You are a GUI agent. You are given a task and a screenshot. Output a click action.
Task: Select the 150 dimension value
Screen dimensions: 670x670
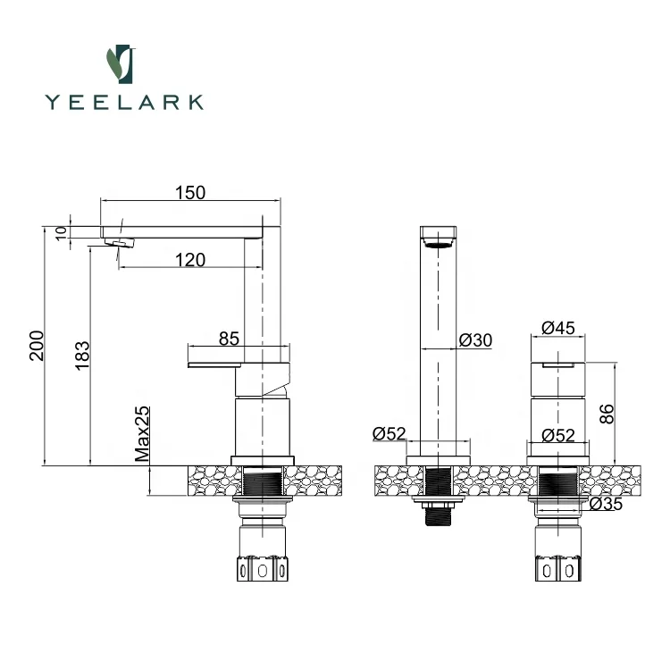pos(190,192)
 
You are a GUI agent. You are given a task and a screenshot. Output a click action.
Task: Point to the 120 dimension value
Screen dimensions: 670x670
pos(190,260)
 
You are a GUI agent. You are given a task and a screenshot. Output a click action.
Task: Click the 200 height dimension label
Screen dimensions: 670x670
pos(37,346)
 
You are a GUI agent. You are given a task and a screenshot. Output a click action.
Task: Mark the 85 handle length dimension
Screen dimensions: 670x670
pos(229,339)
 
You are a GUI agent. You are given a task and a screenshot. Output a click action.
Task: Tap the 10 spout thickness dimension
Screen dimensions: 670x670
pos(61,232)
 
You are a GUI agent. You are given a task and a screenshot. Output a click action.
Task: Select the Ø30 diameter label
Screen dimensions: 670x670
pos(475,340)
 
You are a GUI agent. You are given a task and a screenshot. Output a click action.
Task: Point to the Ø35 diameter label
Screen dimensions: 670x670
pos(607,504)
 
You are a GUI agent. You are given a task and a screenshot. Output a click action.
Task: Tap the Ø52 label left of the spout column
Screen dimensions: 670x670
pos(389,434)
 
